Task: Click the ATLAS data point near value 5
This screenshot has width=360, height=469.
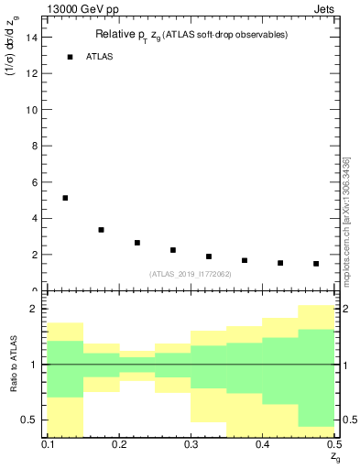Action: [65, 198]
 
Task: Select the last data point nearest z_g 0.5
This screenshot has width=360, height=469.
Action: [316, 264]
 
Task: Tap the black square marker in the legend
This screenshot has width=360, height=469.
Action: [70, 57]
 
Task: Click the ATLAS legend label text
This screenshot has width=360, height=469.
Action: [99, 57]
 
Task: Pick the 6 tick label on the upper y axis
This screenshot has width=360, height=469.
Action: [34, 182]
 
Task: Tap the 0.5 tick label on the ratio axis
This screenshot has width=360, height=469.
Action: [30, 420]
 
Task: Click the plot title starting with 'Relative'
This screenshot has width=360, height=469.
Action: [191, 35]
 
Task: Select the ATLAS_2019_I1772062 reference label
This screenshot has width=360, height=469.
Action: [191, 274]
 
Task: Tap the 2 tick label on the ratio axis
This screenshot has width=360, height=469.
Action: [34, 310]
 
